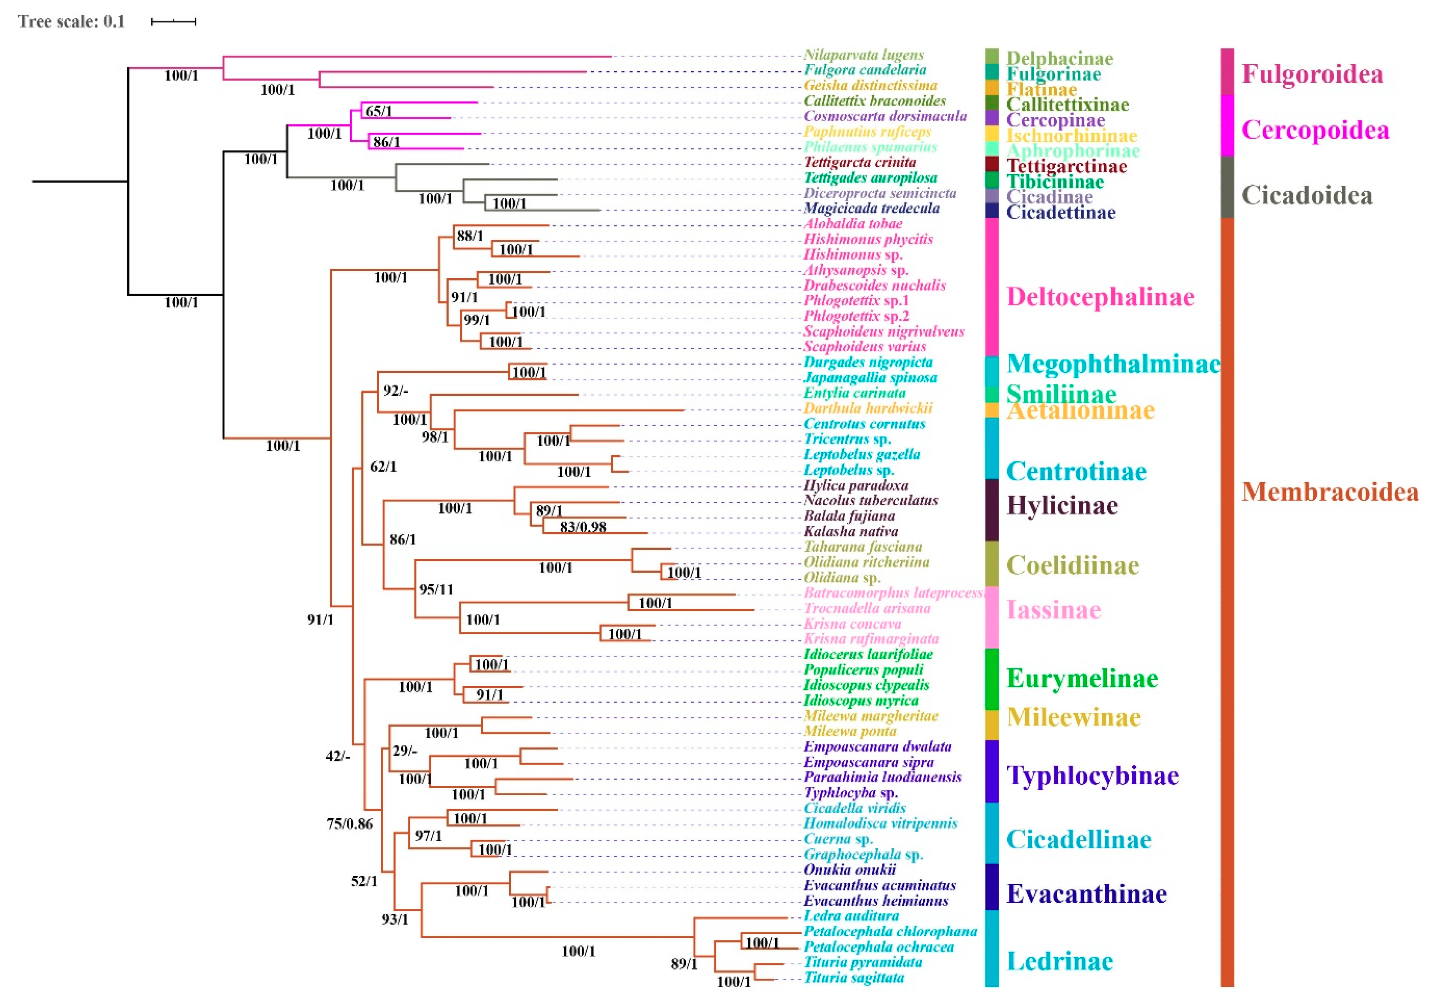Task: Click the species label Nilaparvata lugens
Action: pyautogui.click(x=863, y=55)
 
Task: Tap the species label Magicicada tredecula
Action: pyautogui.click(x=871, y=209)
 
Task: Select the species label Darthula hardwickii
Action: pyautogui.click(x=867, y=408)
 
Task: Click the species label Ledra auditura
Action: pyautogui.click(x=851, y=916)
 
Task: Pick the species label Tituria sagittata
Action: pyautogui.click(x=854, y=978)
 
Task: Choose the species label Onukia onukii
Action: pyautogui.click(x=850, y=870)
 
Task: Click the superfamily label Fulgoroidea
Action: pyautogui.click(x=1312, y=74)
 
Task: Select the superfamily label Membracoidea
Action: pyautogui.click(x=1330, y=492)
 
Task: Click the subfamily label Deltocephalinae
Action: pyautogui.click(x=1100, y=297)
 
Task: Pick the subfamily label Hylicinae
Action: pyautogui.click(x=1062, y=506)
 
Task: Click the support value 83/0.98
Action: pyautogui.click(x=582, y=527)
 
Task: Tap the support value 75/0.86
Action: pyautogui.click(x=349, y=824)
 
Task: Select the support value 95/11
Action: pyautogui.click(x=436, y=589)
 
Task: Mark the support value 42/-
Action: pyautogui.click(x=337, y=756)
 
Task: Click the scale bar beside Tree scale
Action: pyautogui.click(x=174, y=22)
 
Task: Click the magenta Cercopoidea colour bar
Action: pyautogui.click(x=1227, y=125)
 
